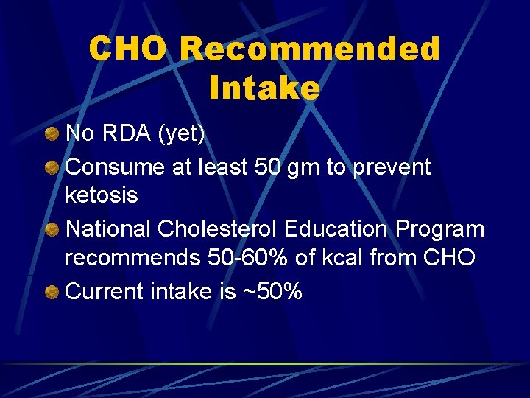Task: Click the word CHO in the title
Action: point(130,50)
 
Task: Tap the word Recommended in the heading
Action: point(309,50)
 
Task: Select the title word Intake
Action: point(264,88)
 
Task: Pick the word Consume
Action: point(115,167)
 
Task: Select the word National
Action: point(108,229)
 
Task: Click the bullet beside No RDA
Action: point(52,135)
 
